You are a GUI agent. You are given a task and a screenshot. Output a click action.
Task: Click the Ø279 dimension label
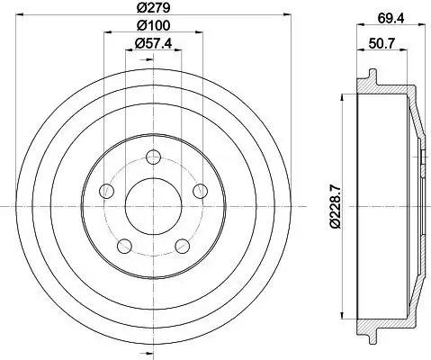pyautogui.click(x=153, y=7)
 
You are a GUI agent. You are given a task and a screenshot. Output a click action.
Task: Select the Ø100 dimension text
pyautogui.click(x=153, y=25)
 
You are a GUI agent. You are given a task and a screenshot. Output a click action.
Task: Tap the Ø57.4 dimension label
pyautogui.click(x=153, y=44)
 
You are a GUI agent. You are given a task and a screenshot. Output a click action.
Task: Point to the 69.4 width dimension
pyautogui.click(x=391, y=19)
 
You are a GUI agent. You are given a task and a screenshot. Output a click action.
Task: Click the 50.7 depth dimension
pyautogui.click(x=382, y=44)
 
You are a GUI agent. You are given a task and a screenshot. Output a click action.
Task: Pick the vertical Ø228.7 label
pyautogui.click(x=336, y=206)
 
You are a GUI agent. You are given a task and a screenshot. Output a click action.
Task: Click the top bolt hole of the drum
pyautogui.click(x=153, y=157)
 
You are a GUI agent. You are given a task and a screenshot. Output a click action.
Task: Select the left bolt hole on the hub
pyautogui.click(x=106, y=191)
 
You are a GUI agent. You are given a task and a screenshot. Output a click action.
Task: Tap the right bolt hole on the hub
pyautogui.click(x=201, y=191)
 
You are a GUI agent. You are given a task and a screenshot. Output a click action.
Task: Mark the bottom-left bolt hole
pyautogui.click(x=124, y=246)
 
